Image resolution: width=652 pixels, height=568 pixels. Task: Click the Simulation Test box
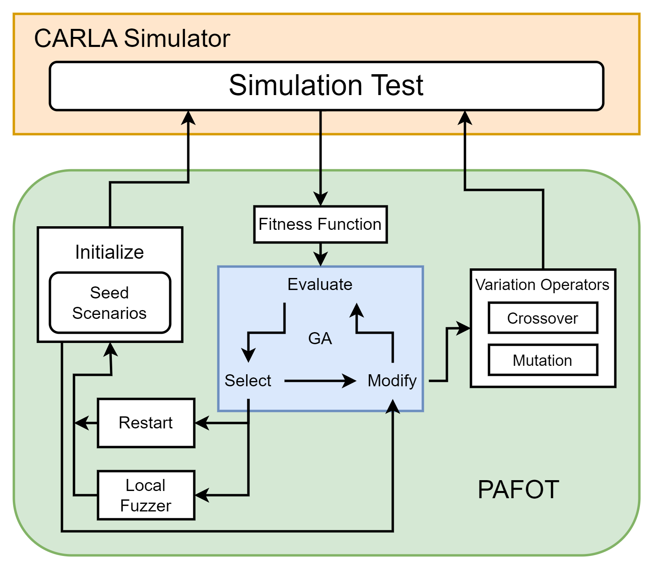pos(326,86)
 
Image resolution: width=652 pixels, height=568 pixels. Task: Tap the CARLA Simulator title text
pos(132,39)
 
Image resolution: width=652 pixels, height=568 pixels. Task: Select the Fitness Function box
pos(320,224)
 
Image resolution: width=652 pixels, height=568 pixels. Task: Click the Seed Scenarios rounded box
pos(110,303)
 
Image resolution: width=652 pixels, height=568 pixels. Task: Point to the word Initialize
pos(109,252)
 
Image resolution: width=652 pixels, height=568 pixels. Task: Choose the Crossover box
pos(543,318)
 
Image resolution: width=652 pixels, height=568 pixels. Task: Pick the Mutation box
pos(543,360)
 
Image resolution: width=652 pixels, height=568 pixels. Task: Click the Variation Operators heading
pos(543,285)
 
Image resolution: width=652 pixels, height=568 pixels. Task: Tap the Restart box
pos(146,423)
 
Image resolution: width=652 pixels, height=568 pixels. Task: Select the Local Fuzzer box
pos(146,495)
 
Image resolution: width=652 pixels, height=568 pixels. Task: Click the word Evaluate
pos(320,284)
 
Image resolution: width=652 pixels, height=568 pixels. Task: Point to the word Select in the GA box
pos(248,380)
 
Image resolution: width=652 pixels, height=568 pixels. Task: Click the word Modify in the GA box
pos(392,380)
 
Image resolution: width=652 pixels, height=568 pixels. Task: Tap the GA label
pos(320,339)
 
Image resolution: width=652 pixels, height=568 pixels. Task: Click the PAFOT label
pos(518,489)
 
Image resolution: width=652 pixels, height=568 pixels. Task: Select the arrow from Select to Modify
pos(320,381)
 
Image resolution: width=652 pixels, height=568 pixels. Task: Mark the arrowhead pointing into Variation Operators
pos(464,328)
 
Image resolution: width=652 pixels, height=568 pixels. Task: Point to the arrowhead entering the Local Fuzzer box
pos(202,495)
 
